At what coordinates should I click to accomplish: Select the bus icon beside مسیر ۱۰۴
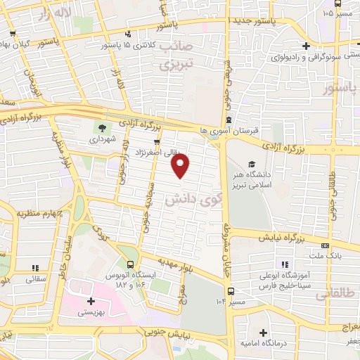231,291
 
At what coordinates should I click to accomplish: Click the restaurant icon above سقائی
35,268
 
